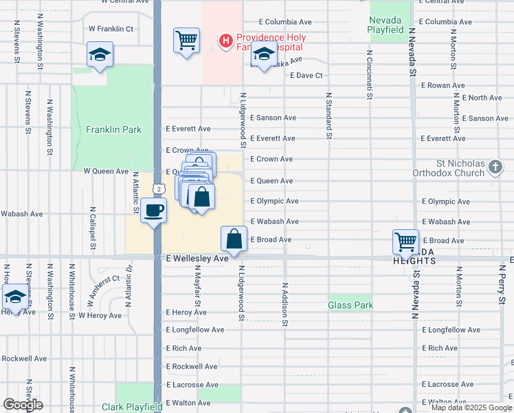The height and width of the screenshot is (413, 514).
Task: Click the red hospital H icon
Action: point(225,41)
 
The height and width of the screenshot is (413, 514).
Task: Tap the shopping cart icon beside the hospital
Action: point(186,41)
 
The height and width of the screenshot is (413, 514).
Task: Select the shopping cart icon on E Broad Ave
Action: point(405,242)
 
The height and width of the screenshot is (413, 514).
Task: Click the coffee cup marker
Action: point(154,209)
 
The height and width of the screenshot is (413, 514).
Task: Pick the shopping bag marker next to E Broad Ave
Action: point(234,239)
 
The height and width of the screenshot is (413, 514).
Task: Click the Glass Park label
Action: point(350,305)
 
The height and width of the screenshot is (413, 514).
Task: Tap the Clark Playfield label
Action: point(131,407)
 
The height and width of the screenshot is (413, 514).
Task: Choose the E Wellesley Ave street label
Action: point(197,259)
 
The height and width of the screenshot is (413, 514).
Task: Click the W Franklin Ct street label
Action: point(111,29)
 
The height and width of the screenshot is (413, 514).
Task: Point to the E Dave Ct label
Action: point(306,75)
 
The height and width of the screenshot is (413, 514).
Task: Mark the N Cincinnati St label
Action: point(370,74)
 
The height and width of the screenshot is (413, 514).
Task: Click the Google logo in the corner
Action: point(23,405)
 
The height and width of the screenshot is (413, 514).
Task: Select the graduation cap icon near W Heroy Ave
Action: point(14,297)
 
